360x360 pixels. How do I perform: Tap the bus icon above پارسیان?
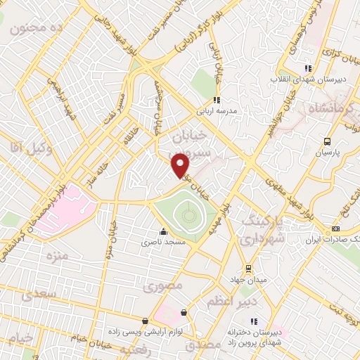(326, 139)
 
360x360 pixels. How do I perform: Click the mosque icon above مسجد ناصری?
(164, 231)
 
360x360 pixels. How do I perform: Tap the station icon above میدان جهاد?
(247, 268)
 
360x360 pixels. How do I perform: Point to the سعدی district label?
(37, 295)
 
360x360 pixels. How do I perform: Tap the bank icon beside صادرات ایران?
(335, 229)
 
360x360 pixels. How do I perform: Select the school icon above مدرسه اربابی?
(217, 100)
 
